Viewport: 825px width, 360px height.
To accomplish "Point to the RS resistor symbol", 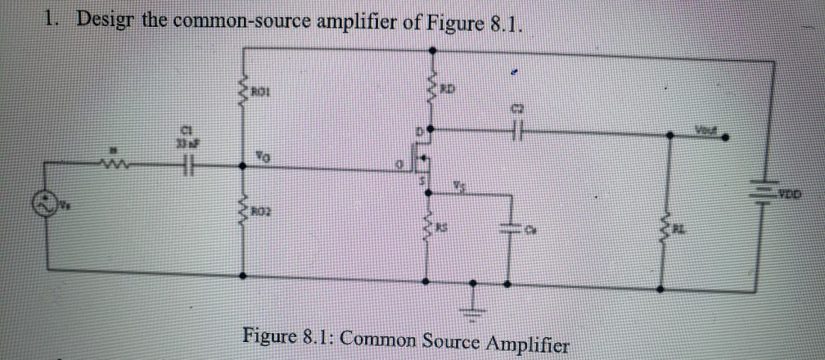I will point(427,232).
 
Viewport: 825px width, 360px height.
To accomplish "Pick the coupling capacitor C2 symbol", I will point(516,133).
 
